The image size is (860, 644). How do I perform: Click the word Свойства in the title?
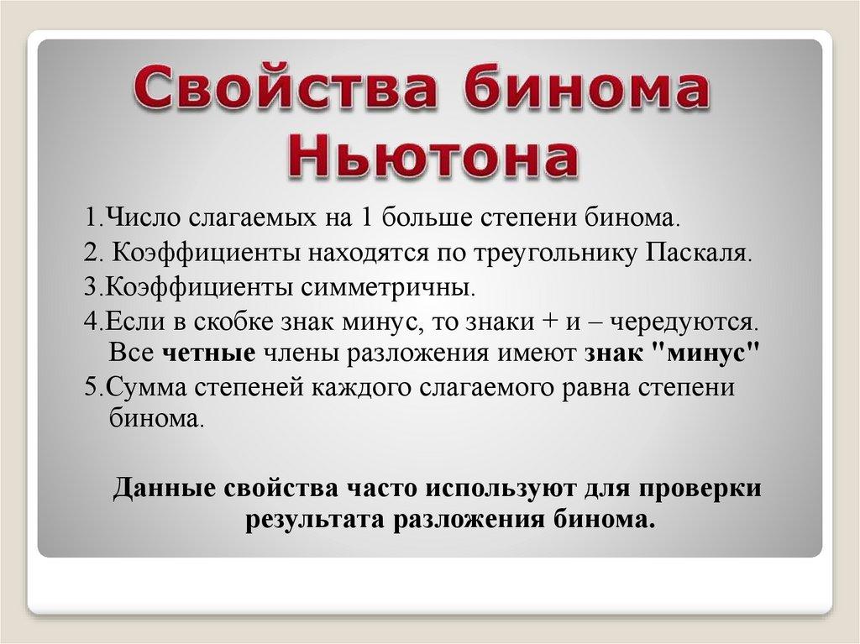(286, 87)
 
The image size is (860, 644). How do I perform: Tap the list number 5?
(91, 387)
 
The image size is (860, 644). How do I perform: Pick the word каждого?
(362, 388)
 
